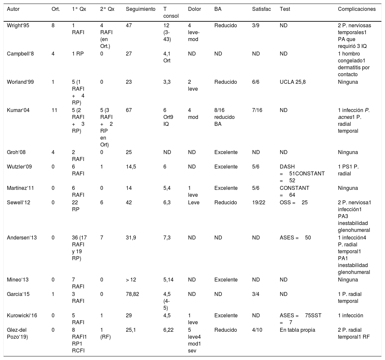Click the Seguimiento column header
[140, 9]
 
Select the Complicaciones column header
[357, 9]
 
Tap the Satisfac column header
[261, 9]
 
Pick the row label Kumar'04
[18, 111]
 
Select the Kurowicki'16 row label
[22, 315]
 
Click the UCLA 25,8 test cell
[293, 82]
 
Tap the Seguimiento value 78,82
[132, 294]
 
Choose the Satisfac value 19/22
[258, 202]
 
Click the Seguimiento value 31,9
[131, 238]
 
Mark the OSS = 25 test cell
[294, 202]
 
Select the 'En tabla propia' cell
[297, 329]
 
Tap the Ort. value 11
[55, 111]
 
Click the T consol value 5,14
[168, 280]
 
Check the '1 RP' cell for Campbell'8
[78, 54]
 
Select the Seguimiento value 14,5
[131, 167]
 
